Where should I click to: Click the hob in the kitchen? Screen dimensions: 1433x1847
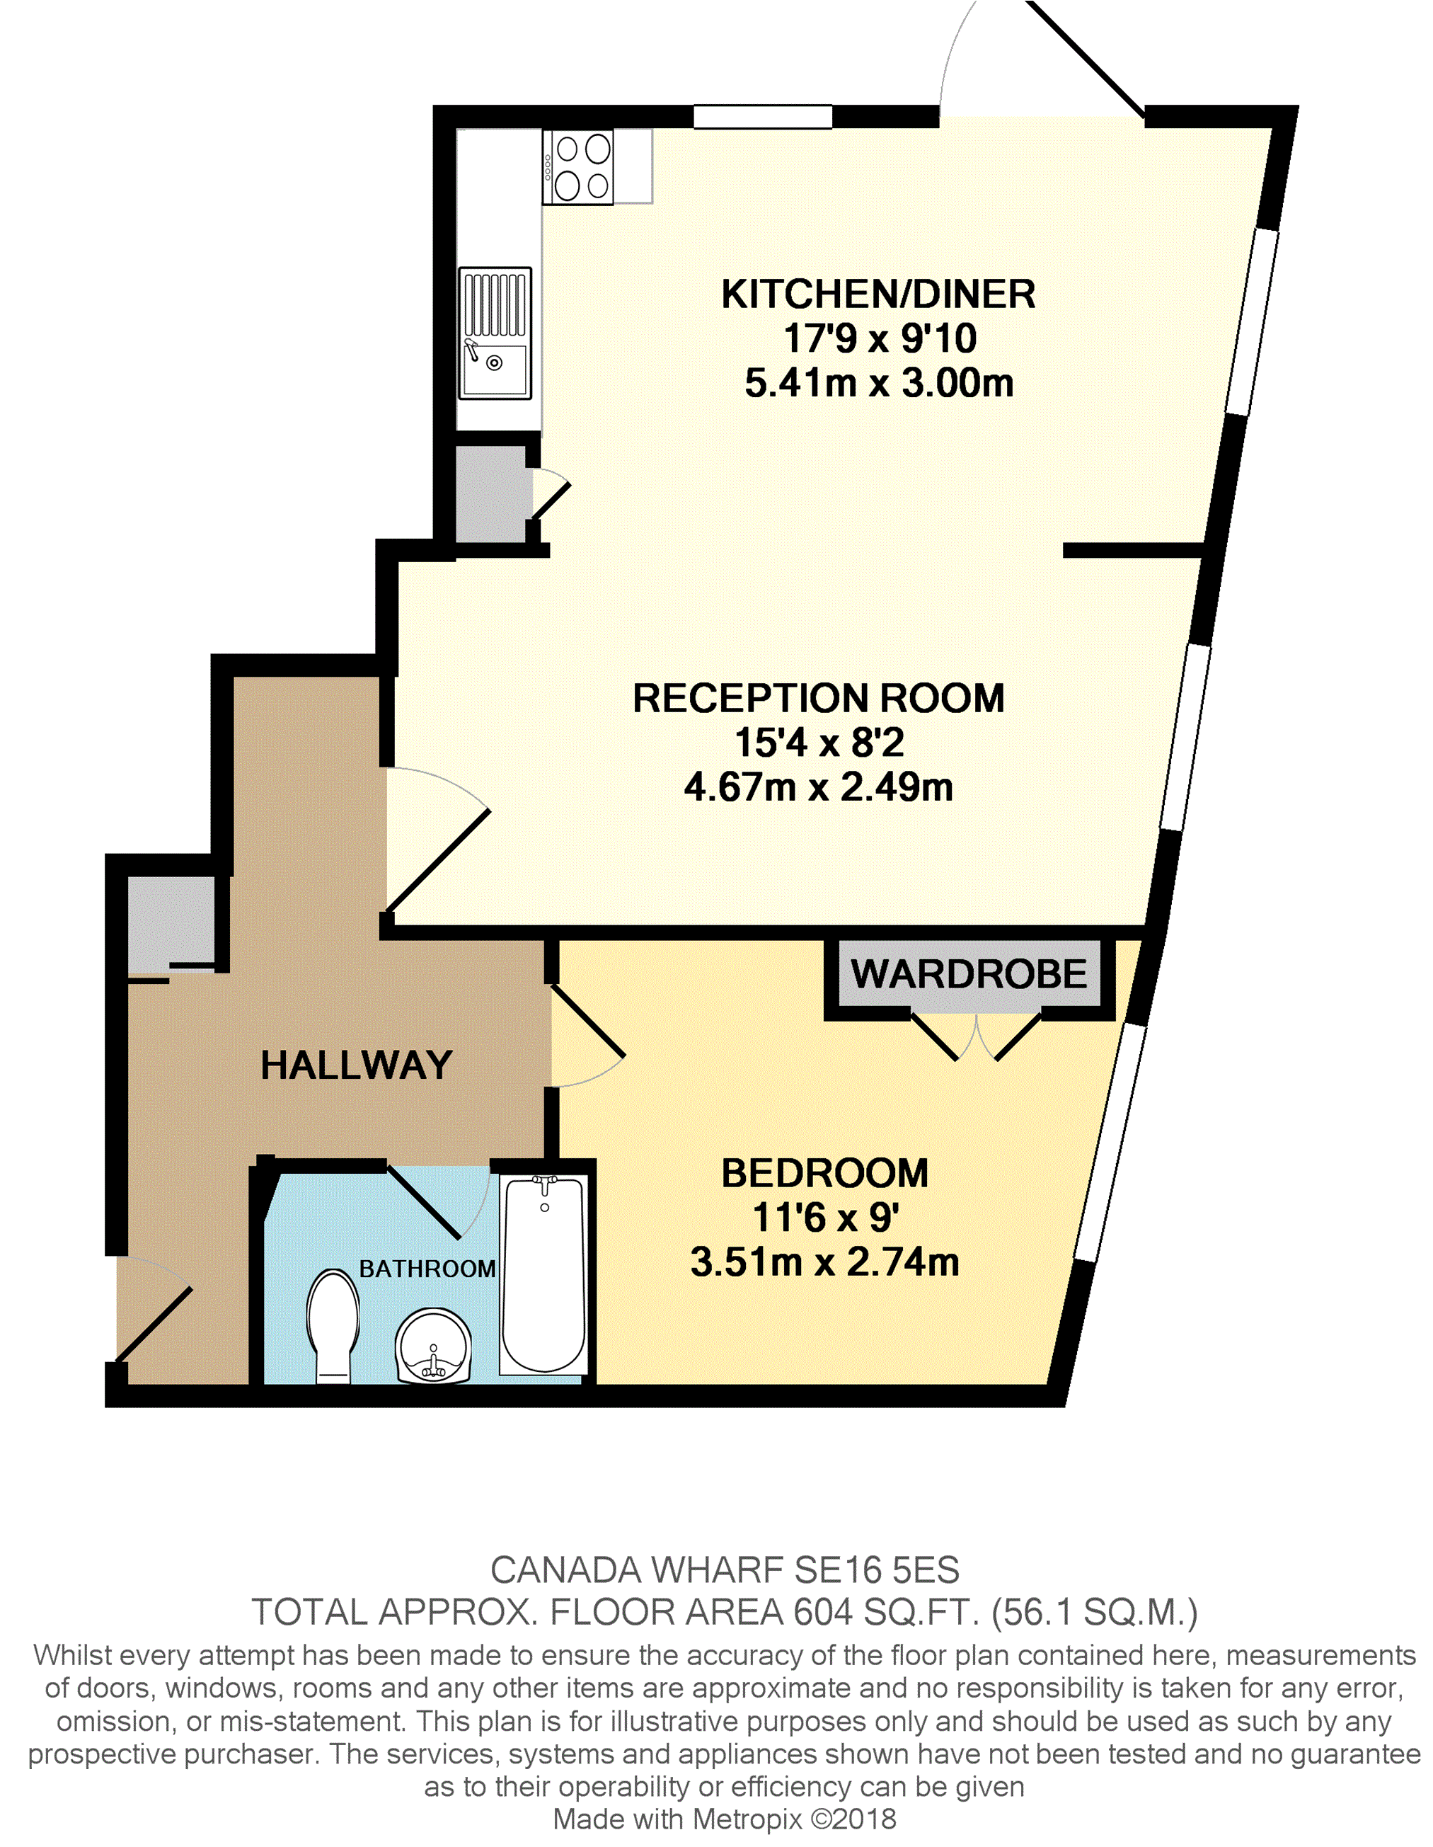coord(577,166)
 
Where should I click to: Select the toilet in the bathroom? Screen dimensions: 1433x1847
coord(333,1325)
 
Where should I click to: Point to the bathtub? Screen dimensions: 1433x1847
coord(543,1274)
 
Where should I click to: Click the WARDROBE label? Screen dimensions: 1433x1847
coord(968,973)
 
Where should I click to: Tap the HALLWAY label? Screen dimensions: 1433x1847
coord(356,1065)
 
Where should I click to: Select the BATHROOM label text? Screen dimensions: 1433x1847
coord(427,1269)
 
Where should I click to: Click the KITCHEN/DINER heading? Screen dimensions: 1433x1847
coord(878,295)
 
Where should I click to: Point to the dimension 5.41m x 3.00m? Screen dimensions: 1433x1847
coord(878,383)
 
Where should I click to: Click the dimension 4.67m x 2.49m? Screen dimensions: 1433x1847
coord(818,787)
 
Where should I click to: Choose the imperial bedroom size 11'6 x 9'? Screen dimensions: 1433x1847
coord(825,1218)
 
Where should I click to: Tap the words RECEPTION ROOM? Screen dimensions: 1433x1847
coord(818,699)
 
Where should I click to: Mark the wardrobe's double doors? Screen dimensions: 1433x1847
coord(977,1036)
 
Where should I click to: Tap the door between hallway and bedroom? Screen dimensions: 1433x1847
coord(587,1037)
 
